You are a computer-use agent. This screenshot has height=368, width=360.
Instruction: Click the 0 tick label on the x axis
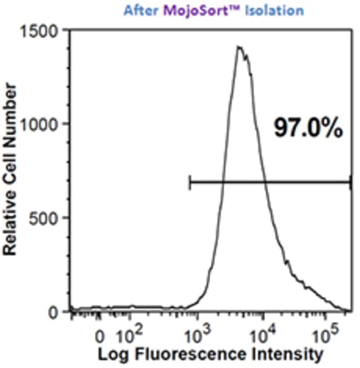(x=100, y=336)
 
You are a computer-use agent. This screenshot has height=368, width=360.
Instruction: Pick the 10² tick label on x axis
(x=131, y=335)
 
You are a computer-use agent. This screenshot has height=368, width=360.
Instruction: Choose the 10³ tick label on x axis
(x=196, y=335)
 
